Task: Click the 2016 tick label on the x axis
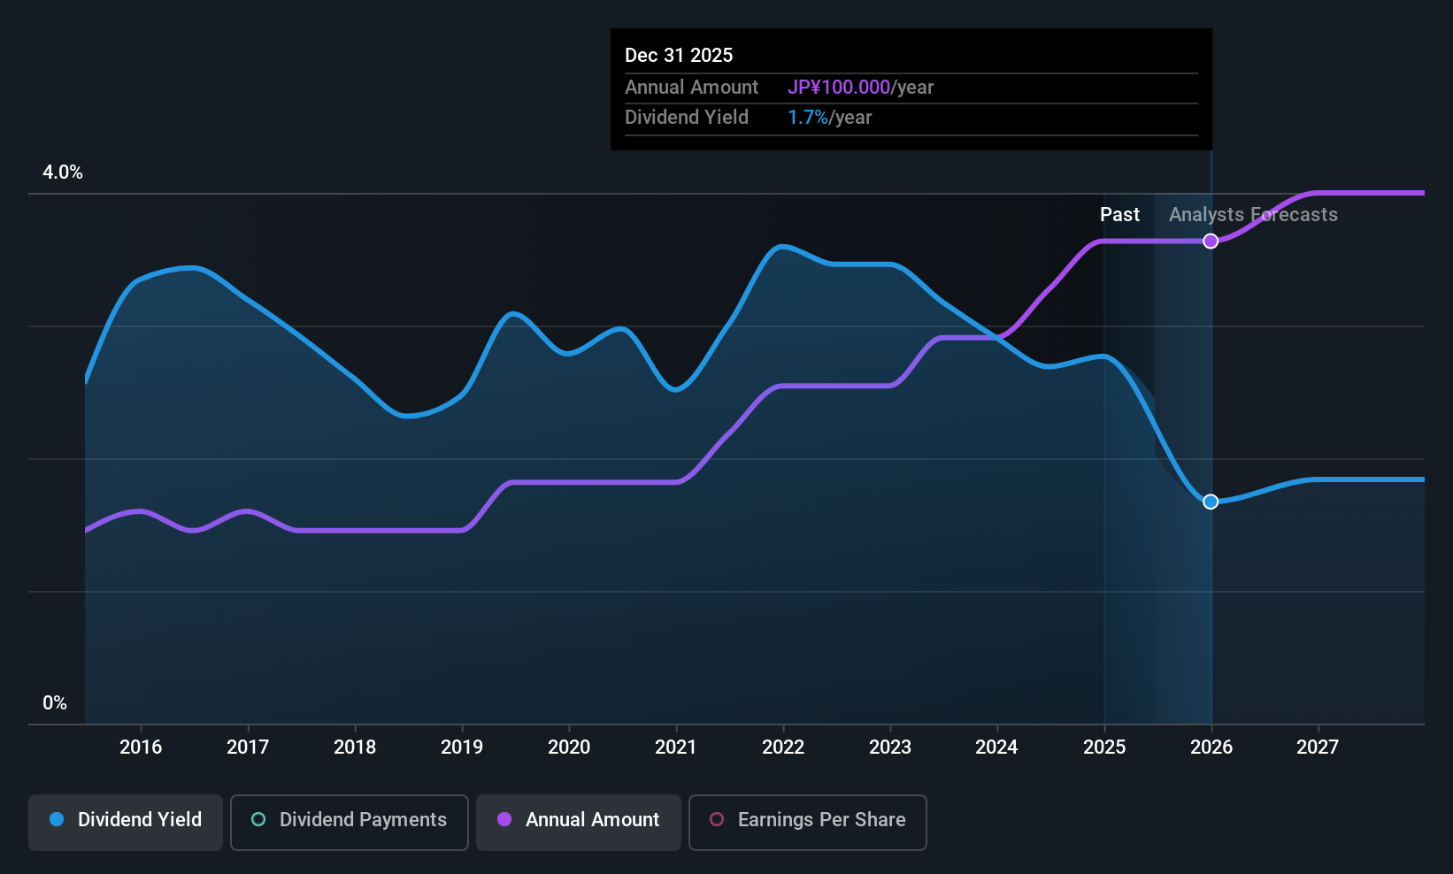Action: click(141, 747)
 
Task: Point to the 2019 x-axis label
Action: click(462, 747)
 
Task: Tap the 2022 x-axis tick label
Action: click(783, 747)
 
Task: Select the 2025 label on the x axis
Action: click(1104, 747)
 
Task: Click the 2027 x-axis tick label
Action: click(1318, 747)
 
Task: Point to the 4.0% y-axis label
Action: click(63, 172)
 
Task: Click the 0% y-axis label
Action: click(55, 703)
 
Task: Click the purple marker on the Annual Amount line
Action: click(1211, 241)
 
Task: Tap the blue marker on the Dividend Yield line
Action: click(1211, 502)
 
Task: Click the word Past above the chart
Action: click(1119, 215)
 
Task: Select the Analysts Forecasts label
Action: click(1253, 215)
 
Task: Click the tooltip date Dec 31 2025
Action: click(679, 56)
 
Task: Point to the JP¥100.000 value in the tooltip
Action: click(839, 88)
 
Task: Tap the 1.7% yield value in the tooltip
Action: click(808, 118)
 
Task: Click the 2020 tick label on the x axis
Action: click(569, 747)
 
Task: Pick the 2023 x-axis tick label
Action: click(890, 747)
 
